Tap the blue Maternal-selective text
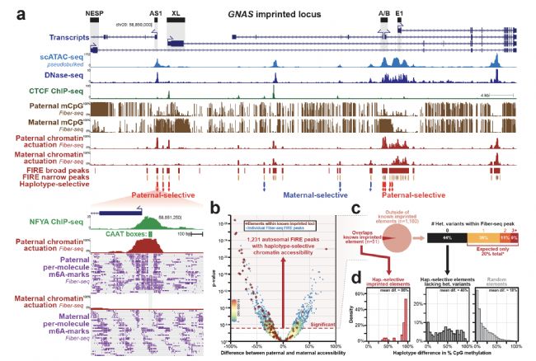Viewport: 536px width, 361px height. coord(308,197)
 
